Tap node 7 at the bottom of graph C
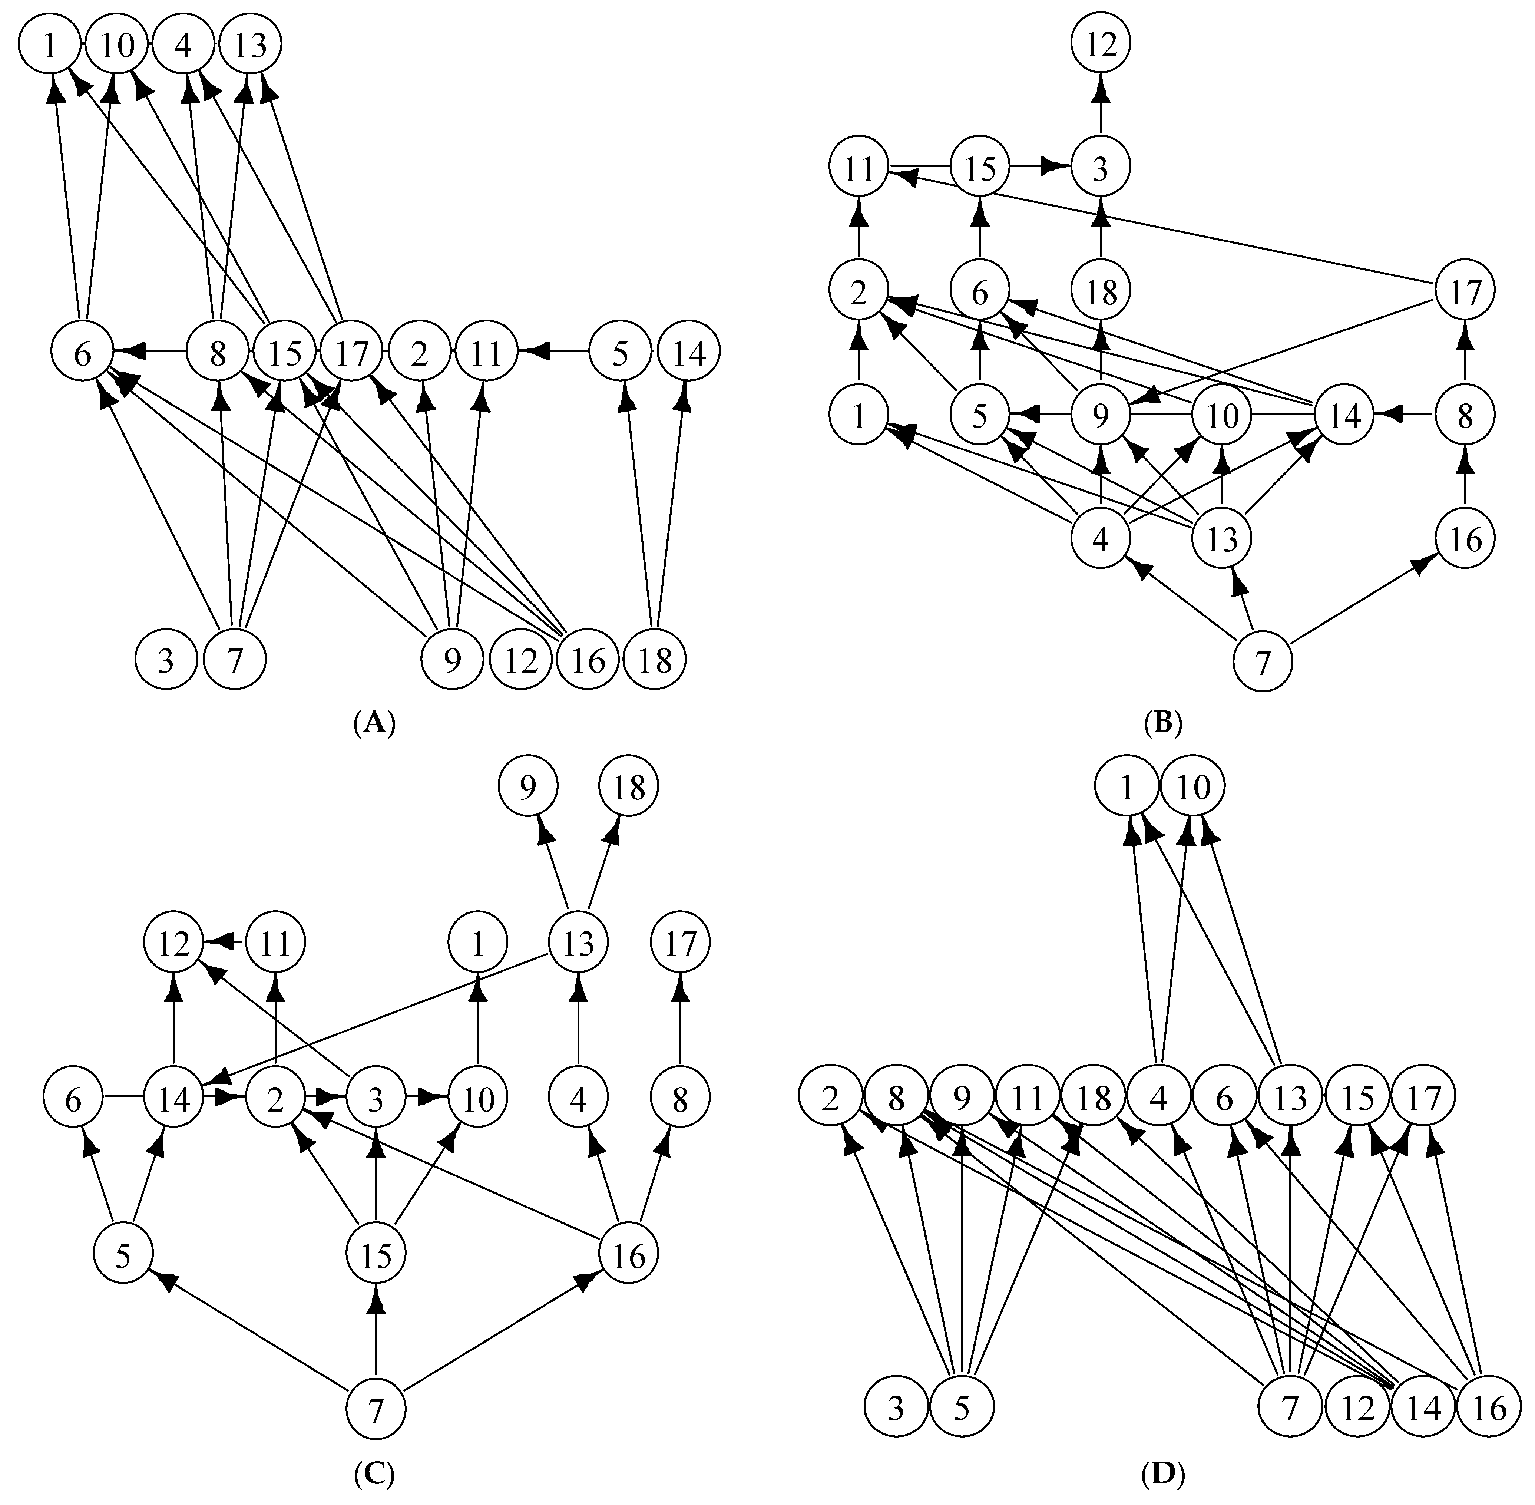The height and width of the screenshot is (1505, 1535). click(376, 1409)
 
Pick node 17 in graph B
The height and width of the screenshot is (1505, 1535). click(1465, 293)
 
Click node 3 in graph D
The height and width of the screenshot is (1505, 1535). click(896, 1409)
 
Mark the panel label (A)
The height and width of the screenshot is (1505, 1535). click(374, 722)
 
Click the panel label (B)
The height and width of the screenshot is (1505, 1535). click(1163, 722)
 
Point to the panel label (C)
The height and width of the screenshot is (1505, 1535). click(374, 1473)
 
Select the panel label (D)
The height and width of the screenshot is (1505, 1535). click(1163, 1473)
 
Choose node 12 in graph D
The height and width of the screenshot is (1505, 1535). click(1359, 1409)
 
